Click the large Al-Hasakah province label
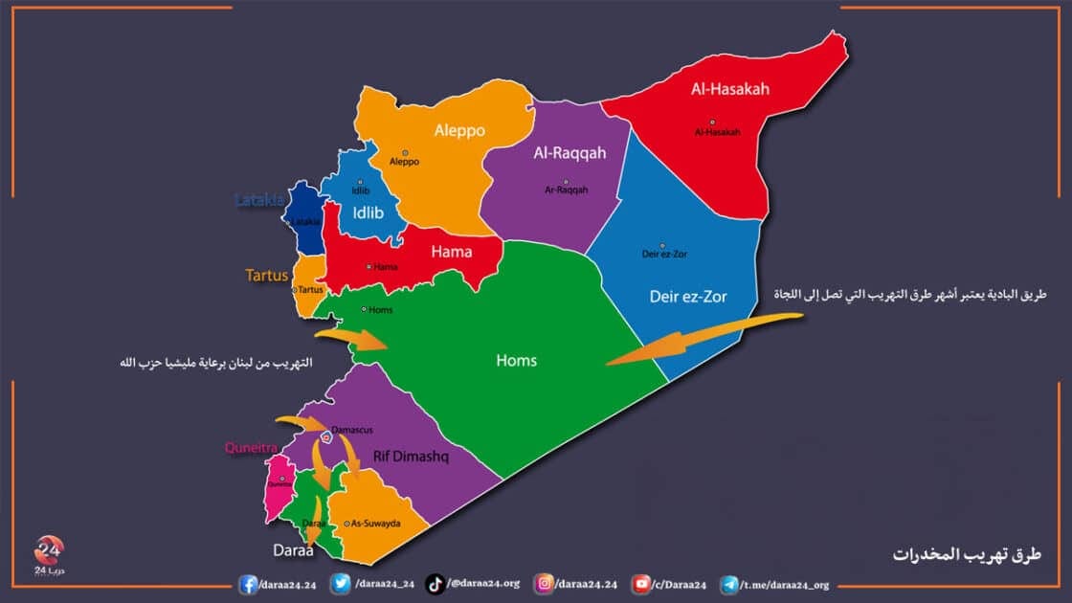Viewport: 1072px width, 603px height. point(730,89)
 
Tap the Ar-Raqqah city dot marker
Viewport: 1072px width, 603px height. point(566,182)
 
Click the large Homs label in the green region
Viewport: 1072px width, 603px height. point(516,361)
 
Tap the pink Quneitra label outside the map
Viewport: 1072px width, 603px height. point(250,446)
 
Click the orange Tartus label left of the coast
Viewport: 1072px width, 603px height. point(267,275)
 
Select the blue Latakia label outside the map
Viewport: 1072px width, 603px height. point(259,200)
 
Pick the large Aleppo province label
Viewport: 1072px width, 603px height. point(459,130)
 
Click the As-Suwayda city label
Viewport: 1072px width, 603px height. point(375,524)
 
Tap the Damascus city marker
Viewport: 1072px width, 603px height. point(326,437)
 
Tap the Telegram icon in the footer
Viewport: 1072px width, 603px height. point(729,583)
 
